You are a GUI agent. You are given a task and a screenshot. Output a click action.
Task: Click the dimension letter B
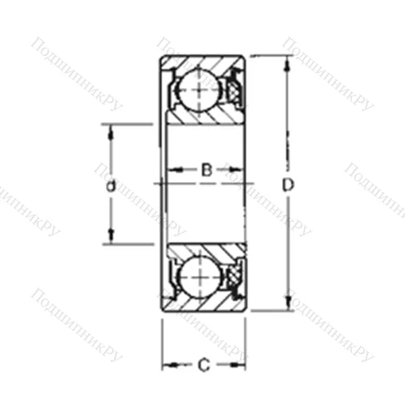[207, 170]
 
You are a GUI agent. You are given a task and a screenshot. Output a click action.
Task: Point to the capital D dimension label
[287, 185]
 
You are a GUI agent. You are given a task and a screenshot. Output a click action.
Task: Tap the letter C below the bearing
[203, 366]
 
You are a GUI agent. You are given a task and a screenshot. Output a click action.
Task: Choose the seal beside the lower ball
[232, 278]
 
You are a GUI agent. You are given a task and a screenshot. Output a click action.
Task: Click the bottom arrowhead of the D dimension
[287, 306]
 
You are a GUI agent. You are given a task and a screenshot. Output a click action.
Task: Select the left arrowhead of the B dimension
[172, 170]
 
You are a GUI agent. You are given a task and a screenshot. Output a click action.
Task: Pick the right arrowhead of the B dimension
[241, 170]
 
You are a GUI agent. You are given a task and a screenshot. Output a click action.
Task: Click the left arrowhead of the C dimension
[166, 366]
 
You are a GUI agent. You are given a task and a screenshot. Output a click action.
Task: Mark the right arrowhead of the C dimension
[241, 366]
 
